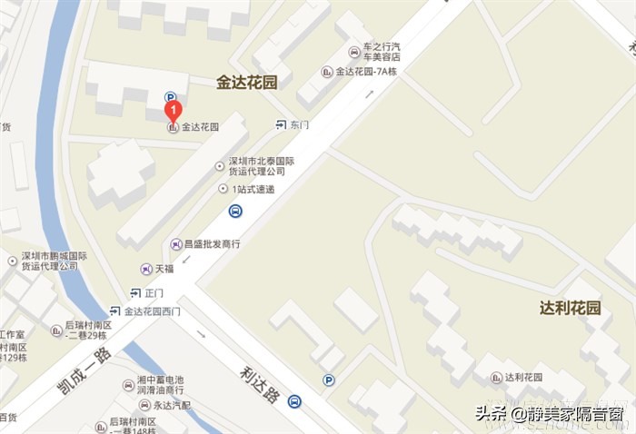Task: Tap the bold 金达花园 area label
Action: tap(246, 83)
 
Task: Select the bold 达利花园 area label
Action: tap(570, 308)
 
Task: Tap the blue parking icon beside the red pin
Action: tap(170, 96)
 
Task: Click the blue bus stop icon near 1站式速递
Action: tap(235, 212)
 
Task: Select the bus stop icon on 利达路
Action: tap(293, 401)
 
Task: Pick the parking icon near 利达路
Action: tap(329, 380)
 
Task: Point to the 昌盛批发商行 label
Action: tap(211, 243)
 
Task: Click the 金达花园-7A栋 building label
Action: tap(368, 72)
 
